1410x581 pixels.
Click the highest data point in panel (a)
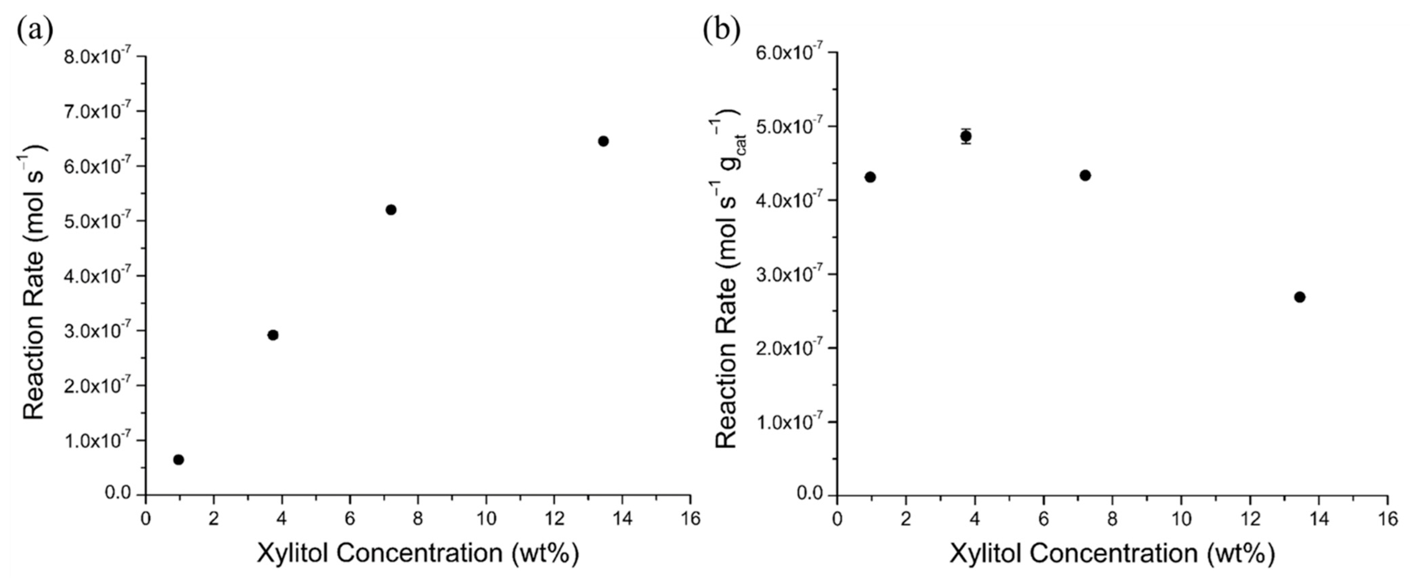[603, 141]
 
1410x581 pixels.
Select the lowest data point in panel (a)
[178, 459]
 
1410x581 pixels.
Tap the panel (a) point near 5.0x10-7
[391, 210]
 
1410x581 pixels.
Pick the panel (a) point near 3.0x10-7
[273, 335]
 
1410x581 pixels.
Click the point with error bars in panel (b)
[966, 136]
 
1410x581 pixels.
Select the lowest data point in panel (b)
[1300, 297]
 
